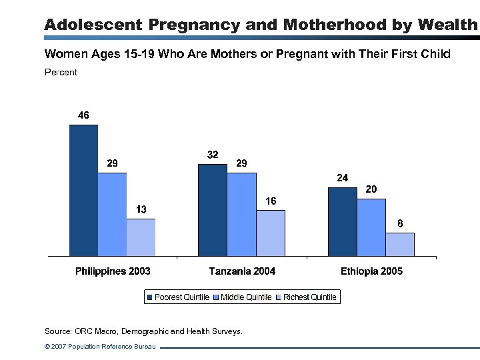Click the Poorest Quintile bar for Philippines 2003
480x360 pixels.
[x=83, y=191]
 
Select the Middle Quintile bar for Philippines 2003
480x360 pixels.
[x=112, y=215]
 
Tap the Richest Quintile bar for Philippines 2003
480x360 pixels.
[x=141, y=237]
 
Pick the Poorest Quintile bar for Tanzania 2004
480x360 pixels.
[x=213, y=210]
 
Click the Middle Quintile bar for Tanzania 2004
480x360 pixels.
[x=241, y=215]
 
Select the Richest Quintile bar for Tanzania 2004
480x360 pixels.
[x=270, y=233]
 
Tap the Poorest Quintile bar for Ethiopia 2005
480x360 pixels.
[x=342, y=222]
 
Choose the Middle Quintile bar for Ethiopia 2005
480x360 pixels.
[x=371, y=227]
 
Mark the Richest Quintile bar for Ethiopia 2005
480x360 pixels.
[x=399, y=245]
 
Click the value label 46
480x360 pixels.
[x=83, y=115]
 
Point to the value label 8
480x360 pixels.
[x=400, y=224]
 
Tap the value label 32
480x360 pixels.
[x=213, y=155]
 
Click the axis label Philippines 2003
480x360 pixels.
[x=113, y=271]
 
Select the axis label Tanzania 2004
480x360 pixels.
[x=242, y=271]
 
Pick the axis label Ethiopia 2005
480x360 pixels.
[x=371, y=271]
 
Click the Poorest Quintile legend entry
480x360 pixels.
[x=178, y=297]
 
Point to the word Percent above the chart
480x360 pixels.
[x=61, y=72]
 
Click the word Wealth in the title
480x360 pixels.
[x=448, y=25]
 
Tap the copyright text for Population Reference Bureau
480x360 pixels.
[x=100, y=347]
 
